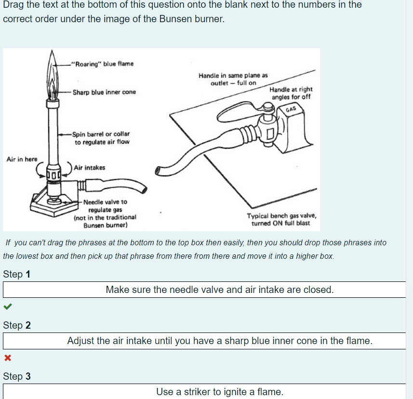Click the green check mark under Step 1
pyautogui.click(x=7, y=306)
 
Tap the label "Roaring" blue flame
pyautogui.click(x=102, y=64)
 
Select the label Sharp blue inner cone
pyautogui.click(x=104, y=92)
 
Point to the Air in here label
pyautogui.click(x=22, y=159)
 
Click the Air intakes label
pyautogui.click(x=89, y=168)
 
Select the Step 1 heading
pyautogui.click(x=17, y=274)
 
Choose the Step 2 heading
pyautogui.click(x=17, y=325)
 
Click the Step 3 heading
pyautogui.click(x=17, y=376)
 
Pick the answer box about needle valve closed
pyautogui.click(x=219, y=290)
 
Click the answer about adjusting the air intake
pyautogui.click(x=219, y=341)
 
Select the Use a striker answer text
pyautogui.click(x=219, y=392)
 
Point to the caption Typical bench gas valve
pyautogui.click(x=281, y=220)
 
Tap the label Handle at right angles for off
pyautogui.click(x=291, y=93)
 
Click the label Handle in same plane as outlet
pyautogui.click(x=233, y=79)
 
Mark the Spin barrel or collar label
pyautogui.click(x=102, y=138)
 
